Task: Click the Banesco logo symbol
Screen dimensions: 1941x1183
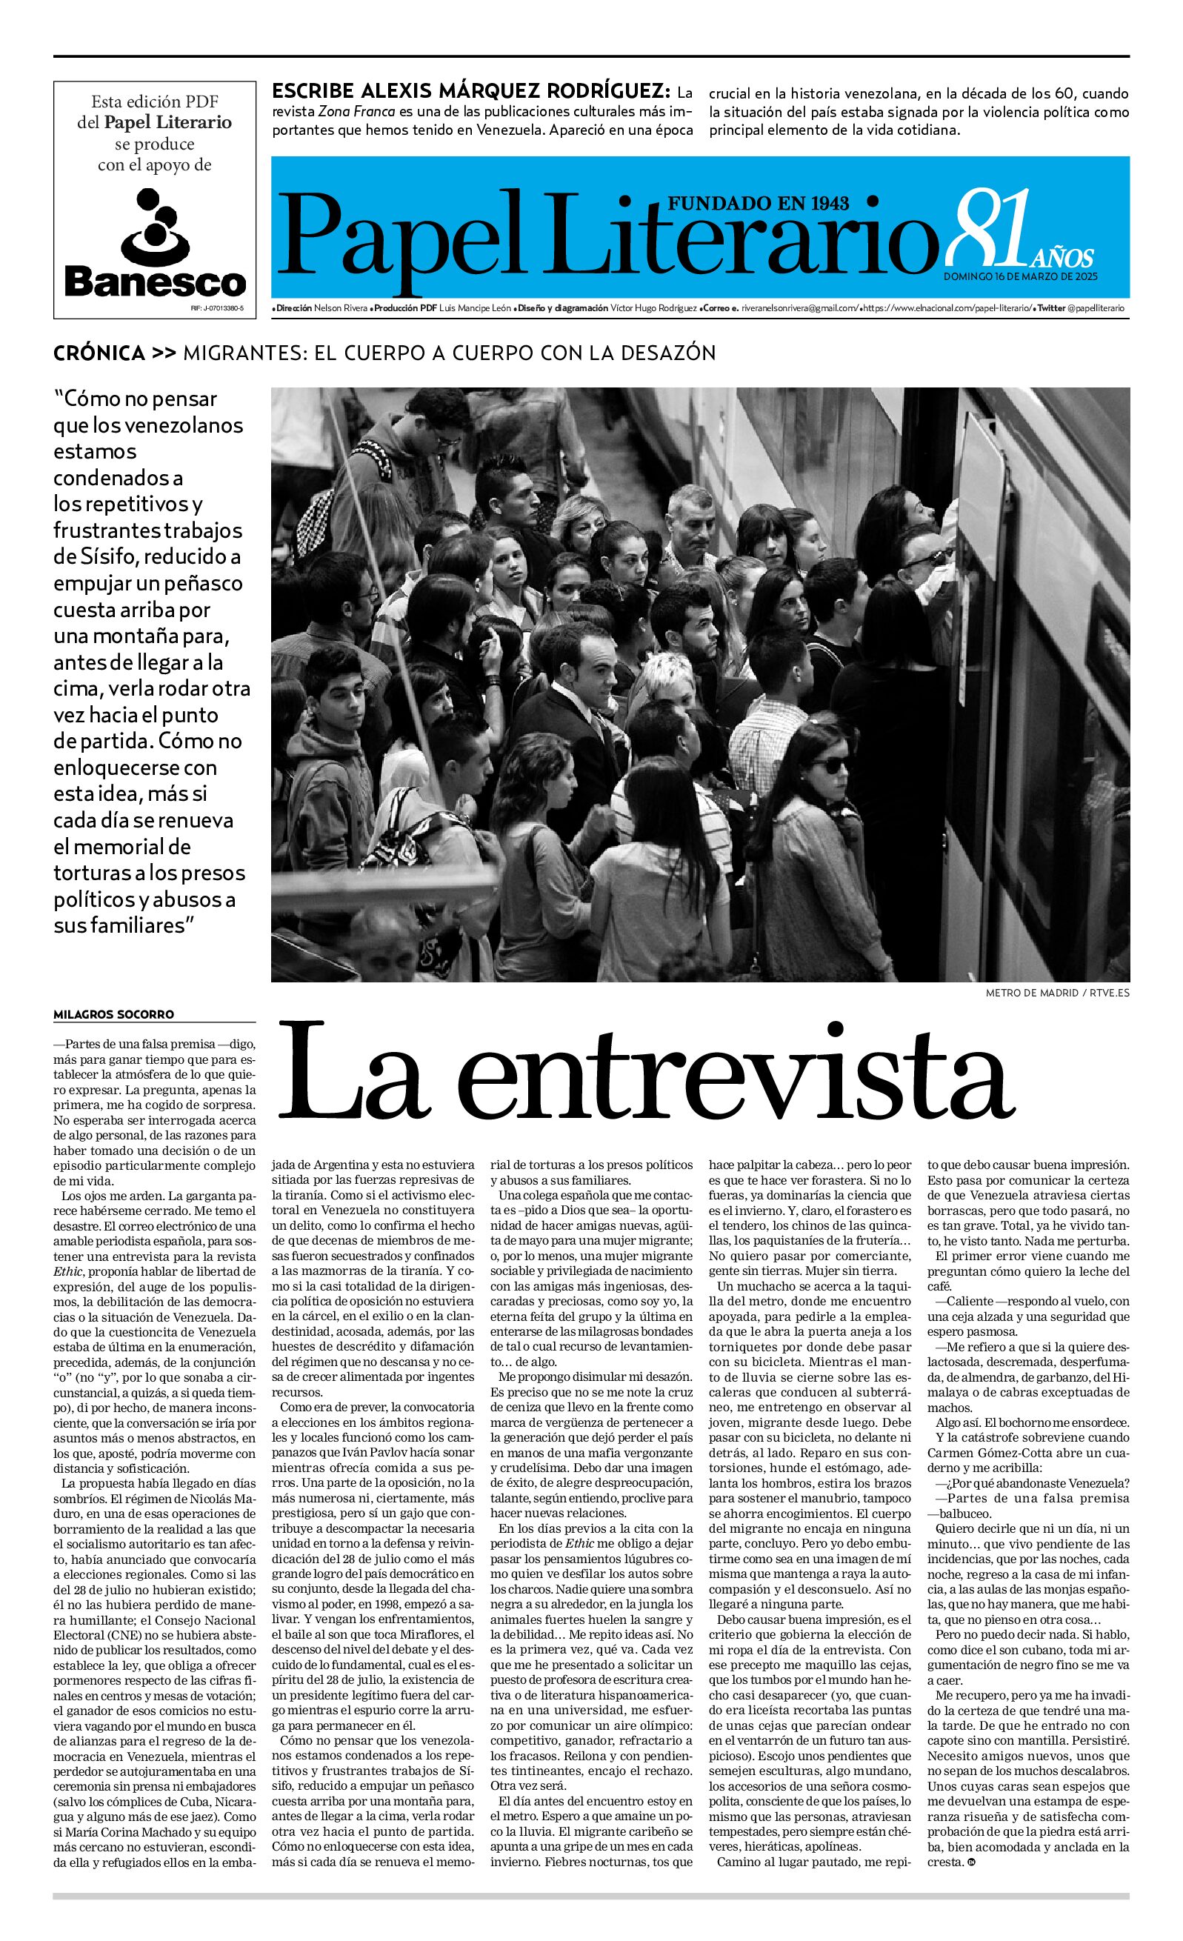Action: pos(154,225)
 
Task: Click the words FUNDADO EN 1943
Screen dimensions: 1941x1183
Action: pos(758,203)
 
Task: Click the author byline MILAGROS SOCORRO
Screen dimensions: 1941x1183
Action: pos(113,1013)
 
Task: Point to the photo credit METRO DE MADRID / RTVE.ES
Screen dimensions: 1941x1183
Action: pos(1057,993)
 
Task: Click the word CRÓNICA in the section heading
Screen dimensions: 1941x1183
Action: pos(99,353)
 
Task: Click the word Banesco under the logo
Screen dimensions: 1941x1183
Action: pos(154,281)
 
